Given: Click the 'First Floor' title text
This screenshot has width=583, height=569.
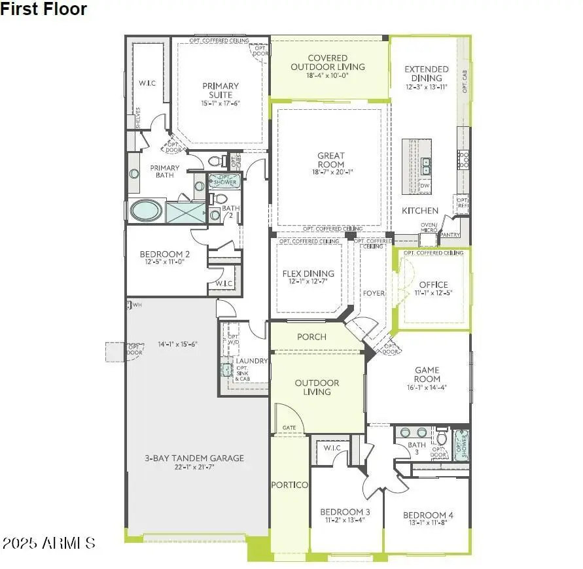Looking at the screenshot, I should pos(43,9).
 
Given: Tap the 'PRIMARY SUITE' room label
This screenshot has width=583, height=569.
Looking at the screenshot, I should pos(221,90).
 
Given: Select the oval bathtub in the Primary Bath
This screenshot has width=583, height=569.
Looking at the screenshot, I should pos(147,211).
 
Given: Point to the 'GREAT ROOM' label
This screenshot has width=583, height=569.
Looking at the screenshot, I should pos(331,160).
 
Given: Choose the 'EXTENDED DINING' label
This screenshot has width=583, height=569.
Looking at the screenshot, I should pos(427,73).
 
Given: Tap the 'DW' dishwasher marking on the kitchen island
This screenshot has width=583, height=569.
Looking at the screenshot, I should pos(425,186).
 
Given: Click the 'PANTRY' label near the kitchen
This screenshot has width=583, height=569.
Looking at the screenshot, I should pos(450,234).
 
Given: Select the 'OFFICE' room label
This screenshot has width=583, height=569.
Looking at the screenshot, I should pos(434,284).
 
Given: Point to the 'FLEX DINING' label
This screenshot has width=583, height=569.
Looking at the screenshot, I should pos(308,273).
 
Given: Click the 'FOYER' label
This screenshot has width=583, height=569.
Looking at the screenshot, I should pos(374,293).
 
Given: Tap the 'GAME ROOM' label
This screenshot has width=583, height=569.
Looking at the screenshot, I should pos(427,374).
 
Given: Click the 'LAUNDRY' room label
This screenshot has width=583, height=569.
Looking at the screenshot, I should pos(252,361).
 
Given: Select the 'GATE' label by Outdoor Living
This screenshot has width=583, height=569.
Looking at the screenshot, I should pos(289,428).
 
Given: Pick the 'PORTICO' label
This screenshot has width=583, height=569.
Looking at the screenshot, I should pos(290,485).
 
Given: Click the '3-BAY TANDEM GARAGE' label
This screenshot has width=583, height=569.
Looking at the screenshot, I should pos(194,458).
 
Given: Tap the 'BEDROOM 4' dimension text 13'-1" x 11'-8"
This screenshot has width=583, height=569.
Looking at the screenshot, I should pos(428,523).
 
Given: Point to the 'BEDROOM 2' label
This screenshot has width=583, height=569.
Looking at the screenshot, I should pos(165,254).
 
